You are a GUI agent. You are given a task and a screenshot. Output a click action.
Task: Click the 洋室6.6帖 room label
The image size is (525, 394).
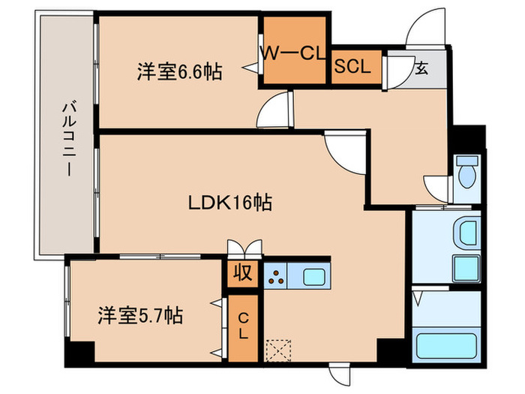178,73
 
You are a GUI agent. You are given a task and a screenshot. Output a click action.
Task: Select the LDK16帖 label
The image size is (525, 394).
229,203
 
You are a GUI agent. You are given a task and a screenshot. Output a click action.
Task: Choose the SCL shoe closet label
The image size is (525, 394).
352,66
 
